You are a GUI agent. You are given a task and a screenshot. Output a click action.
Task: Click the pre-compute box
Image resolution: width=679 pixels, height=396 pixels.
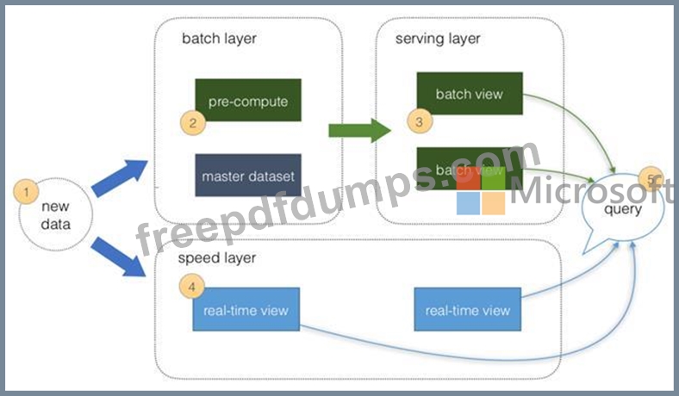[x=248, y=100]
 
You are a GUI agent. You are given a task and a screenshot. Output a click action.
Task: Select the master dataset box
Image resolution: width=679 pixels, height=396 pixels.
[x=248, y=176]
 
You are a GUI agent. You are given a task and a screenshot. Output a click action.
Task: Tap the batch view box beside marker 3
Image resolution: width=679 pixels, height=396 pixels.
[x=470, y=94]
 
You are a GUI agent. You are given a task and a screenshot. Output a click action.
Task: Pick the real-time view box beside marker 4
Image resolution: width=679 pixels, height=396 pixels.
[x=246, y=309]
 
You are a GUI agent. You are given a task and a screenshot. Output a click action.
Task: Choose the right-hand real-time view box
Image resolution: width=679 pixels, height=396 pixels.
[x=468, y=309]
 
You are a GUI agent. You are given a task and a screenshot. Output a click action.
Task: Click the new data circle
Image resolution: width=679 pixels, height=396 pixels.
[x=56, y=214]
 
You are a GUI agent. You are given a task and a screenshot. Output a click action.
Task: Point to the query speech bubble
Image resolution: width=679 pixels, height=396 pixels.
[x=622, y=210]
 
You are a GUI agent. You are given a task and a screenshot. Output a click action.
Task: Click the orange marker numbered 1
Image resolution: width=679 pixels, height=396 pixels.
[x=26, y=192]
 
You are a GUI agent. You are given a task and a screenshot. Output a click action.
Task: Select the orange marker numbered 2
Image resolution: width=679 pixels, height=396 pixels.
[x=193, y=122]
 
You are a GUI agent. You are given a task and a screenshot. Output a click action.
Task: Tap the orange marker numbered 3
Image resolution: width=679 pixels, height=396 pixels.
[x=420, y=121]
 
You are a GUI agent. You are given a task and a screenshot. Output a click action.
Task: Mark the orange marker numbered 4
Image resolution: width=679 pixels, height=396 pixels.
[x=192, y=286]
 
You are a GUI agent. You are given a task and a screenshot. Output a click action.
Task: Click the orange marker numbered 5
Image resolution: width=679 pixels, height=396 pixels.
[x=651, y=179]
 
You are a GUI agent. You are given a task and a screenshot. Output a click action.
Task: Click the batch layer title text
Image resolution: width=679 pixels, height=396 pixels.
[x=219, y=39]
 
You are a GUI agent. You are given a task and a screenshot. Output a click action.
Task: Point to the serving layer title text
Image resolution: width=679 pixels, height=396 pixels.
[x=438, y=39]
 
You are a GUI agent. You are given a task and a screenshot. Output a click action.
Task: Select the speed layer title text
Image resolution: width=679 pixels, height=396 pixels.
[x=217, y=258]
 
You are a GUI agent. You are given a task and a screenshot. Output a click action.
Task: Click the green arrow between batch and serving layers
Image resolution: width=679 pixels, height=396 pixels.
[x=360, y=130]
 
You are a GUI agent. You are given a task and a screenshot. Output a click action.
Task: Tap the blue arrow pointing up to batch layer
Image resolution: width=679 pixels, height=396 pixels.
[x=120, y=178]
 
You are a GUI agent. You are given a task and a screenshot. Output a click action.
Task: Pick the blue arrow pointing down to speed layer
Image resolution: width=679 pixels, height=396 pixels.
[x=118, y=257]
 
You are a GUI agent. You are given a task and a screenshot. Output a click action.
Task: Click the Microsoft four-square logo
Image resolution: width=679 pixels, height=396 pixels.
[x=481, y=191]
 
